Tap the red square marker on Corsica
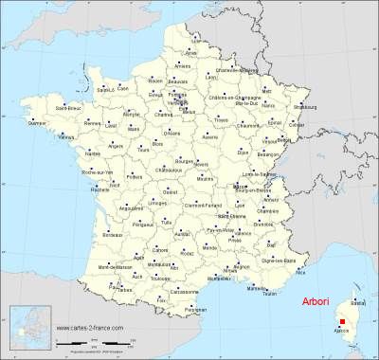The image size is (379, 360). point(342,322)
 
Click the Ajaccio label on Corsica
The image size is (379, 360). point(343,333)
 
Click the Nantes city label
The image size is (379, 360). point(92,153)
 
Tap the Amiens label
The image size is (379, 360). point(183,65)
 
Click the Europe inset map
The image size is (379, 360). point(29,333)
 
